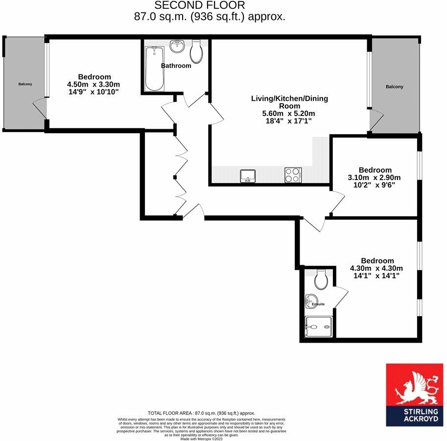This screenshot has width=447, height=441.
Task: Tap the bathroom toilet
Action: pos(197,52)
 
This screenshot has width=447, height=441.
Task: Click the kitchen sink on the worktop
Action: pos(247,175)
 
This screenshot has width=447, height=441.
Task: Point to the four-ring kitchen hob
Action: pos(293,175)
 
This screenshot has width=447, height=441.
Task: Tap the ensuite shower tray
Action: pos(318,327)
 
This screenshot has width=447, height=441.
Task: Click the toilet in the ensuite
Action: pos(321,279)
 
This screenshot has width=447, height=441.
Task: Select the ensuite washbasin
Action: pos(309,300)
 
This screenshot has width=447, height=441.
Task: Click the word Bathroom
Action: pos(176,66)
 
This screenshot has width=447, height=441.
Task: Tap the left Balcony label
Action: pos(25,84)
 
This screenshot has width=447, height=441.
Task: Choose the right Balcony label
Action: pos(395,87)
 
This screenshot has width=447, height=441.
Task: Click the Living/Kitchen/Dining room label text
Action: pos(289,102)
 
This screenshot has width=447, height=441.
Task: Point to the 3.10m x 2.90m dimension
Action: pos(375,178)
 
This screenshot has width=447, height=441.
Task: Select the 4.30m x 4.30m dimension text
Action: pos(376,268)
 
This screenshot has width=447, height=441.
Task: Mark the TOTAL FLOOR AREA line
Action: pos(201,413)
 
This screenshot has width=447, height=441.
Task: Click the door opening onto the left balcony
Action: pos(39,109)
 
